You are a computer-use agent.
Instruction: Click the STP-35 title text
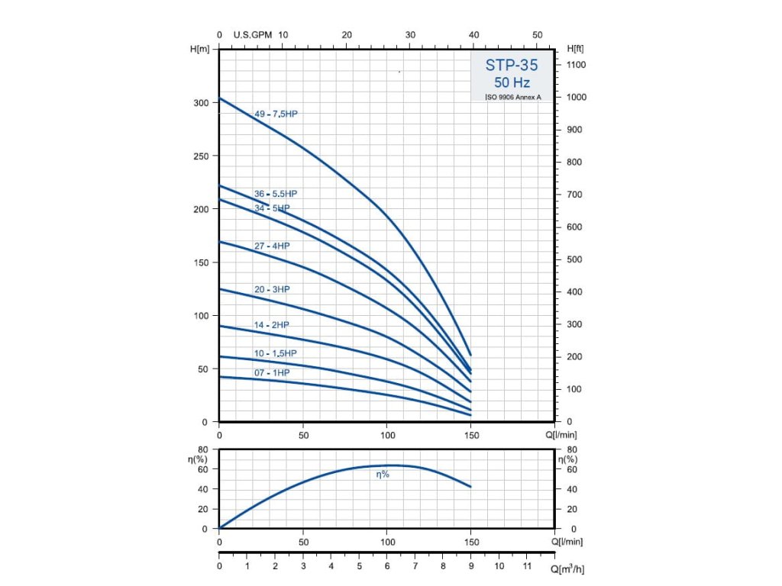[x=512, y=66]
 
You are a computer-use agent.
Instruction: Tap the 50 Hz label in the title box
[x=512, y=82]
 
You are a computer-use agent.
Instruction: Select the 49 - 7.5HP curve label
[x=276, y=114]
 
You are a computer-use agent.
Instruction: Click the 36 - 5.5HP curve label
[x=276, y=194]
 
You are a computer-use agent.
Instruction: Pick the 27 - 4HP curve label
[x=272, y=246]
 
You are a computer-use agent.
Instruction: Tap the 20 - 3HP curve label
[x=272, y=289]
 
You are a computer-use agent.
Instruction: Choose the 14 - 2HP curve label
[x=272, y=325]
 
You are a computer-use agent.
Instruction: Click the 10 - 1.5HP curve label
[x=276, y=353]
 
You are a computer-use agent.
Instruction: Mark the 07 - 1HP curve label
[x=272, y=372]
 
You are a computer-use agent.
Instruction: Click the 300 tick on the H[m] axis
[x=199, y=103]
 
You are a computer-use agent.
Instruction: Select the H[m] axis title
[x=199, y=49]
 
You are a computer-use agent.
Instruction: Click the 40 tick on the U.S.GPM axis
[x=473, y=35]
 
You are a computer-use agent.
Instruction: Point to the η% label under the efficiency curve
[x=382, y=475]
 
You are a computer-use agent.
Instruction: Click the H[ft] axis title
[x=575, y=49]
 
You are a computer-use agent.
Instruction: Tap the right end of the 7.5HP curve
[x=471, y=355]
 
